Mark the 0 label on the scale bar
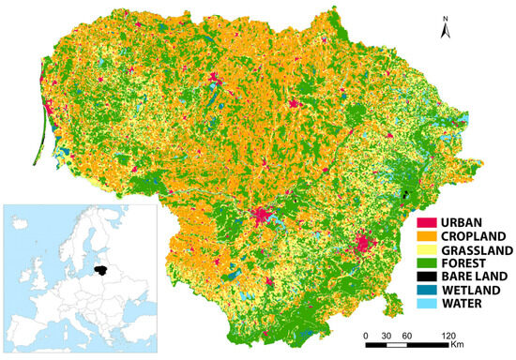(x=366, y=335)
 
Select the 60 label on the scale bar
(x=407, y=335)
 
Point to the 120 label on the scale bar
(x=448, y=335)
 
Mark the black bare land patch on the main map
(x=405, y=194)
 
